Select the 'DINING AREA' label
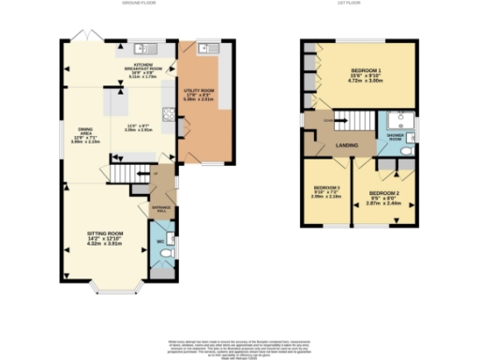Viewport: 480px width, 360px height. [x=84, y=130]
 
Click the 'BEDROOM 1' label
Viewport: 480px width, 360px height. [x=367, y=71]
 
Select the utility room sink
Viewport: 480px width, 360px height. [x=207, y=48]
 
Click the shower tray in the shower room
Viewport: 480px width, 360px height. [x=399, y=120]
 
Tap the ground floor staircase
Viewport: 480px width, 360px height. [x=131, y=174]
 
